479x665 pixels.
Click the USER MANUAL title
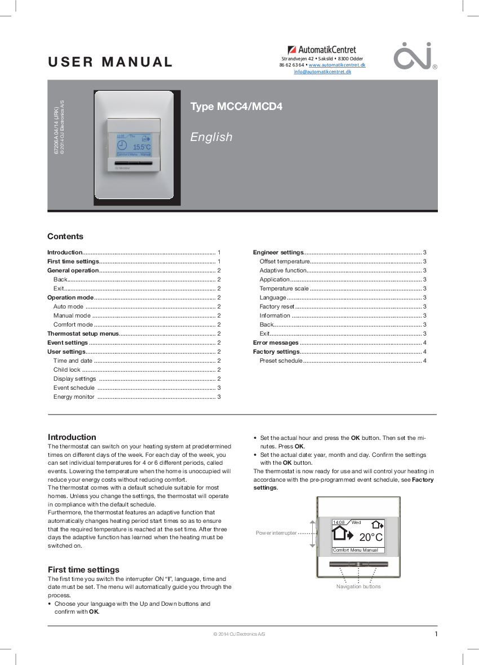110,62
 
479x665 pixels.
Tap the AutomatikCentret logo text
322,50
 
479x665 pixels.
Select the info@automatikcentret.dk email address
322,72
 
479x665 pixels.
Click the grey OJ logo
413,55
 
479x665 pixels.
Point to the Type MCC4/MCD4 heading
236,107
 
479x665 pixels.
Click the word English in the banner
211,137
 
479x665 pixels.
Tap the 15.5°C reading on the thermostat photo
141,147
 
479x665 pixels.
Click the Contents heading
65,236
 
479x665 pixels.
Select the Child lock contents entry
67,370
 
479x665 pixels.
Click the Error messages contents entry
276,343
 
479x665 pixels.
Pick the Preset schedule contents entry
281,361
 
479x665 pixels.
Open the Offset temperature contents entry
285,262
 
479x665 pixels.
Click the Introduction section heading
72,437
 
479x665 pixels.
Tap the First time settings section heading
83,570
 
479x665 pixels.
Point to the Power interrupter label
276,533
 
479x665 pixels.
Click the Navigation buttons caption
358,587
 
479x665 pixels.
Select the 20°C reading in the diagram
371,538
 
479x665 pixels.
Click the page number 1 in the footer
436,634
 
